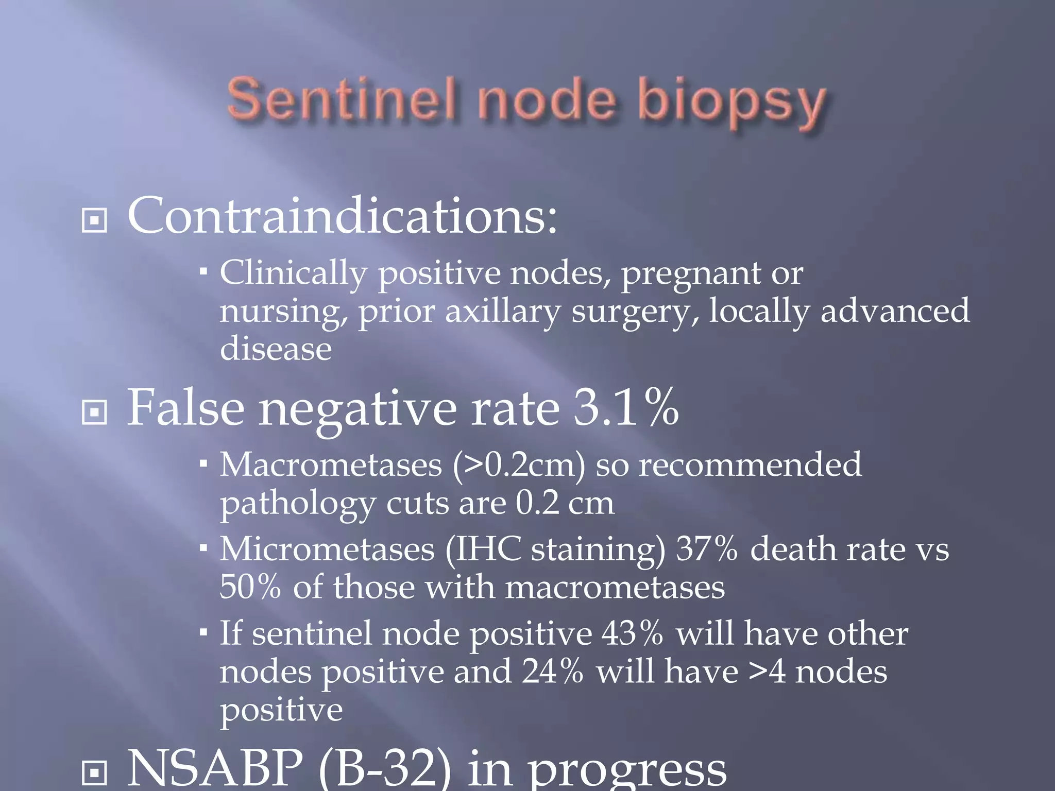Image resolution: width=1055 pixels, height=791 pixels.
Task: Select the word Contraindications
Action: (342, 216)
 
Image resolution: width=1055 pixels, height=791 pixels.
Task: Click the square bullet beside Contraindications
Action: (94, 220)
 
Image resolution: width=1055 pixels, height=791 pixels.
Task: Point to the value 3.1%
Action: (626, 408)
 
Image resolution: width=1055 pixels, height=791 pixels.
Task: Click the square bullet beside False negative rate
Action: (94, 412)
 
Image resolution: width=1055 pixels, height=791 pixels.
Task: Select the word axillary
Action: (502, 312)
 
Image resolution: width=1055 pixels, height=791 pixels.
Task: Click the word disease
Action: (276, 349)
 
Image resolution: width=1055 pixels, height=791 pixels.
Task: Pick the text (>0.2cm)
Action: (519, 465)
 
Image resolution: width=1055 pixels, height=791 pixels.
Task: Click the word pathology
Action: (298, 504)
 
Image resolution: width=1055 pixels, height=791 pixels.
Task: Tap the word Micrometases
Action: (328, 549)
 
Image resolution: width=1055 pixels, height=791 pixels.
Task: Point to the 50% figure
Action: (250, 587)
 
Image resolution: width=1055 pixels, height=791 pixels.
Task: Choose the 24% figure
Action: (552, 672)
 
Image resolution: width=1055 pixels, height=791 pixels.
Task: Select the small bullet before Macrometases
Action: (203, 464)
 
